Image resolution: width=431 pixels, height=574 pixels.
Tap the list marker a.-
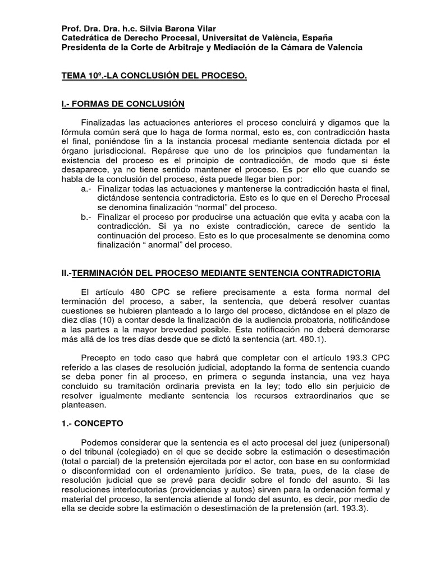click(x=86, y=189)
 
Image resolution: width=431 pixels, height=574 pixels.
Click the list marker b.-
click(x=86, y=217)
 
